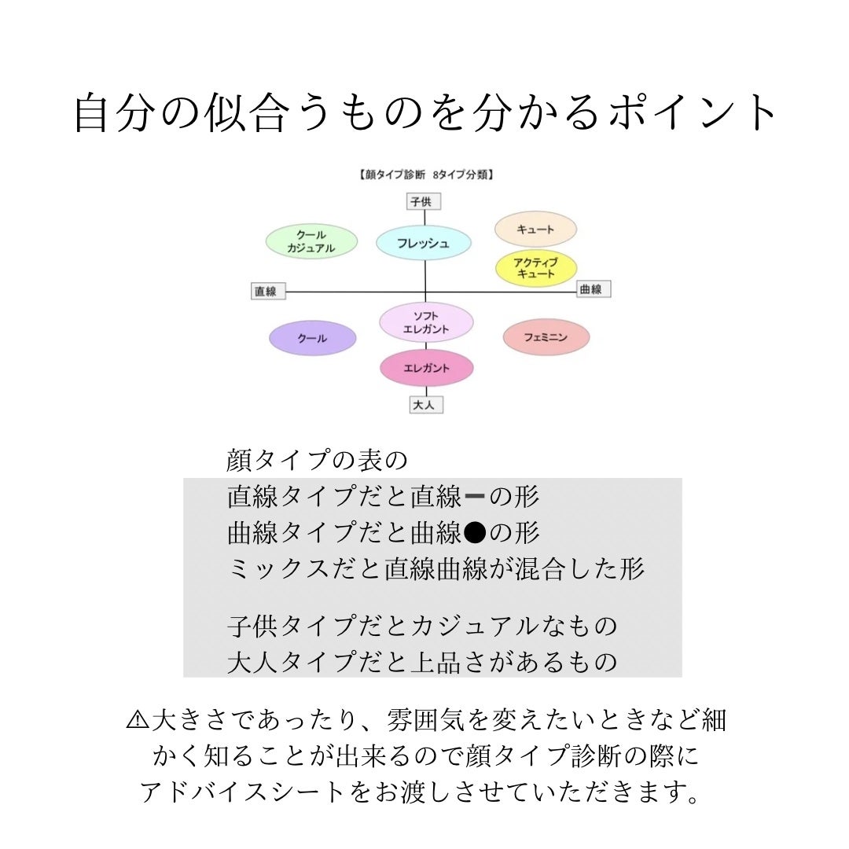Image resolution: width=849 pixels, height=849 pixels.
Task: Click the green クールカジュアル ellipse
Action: pos(311,241)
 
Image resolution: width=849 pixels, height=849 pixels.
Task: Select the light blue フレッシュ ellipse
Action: pos(424,243)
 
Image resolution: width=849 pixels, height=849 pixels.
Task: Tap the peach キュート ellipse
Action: pos(535,229)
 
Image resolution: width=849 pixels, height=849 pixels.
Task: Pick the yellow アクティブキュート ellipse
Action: pos(535,269)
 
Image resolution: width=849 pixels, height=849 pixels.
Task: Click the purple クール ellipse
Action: pos(312,338)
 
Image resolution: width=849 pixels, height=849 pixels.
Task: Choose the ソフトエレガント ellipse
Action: pos(426,322)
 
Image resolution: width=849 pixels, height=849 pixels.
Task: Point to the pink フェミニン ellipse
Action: pos(546,337)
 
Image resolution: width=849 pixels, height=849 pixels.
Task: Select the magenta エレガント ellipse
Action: pos(426,368)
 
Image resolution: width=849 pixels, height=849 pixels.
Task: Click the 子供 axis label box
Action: pos(423,202)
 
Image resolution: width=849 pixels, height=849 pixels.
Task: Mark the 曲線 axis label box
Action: pos(594,289)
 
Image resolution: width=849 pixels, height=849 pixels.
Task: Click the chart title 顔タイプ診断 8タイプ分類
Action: pos(424,175)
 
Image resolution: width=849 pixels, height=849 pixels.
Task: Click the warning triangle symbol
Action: pos(137,719)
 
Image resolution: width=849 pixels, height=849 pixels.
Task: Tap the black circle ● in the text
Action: pos(474,534)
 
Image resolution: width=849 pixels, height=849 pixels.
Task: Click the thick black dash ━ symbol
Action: pos(475,498)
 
